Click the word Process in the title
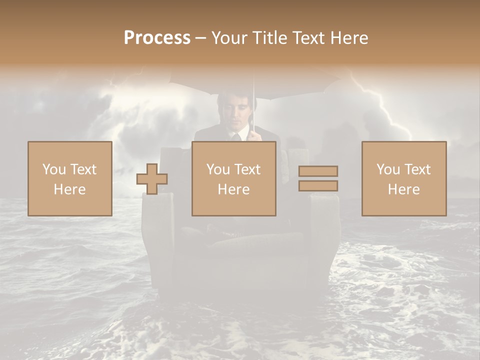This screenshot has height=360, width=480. pos(157,38)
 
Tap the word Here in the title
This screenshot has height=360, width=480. pos(348,38)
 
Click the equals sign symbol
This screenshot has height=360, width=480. pos(318,178)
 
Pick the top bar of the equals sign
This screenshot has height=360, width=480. pos(318,171)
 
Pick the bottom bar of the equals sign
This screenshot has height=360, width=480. pos(318,186)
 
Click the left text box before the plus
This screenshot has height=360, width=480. pos(70,178)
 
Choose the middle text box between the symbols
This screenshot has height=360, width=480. pos(234,178)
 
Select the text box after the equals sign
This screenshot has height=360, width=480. pos(404,178)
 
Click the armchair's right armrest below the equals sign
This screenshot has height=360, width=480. pos(324,225)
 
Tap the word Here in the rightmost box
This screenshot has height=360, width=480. pos(404,189)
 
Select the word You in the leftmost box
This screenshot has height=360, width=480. pos(54,169)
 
